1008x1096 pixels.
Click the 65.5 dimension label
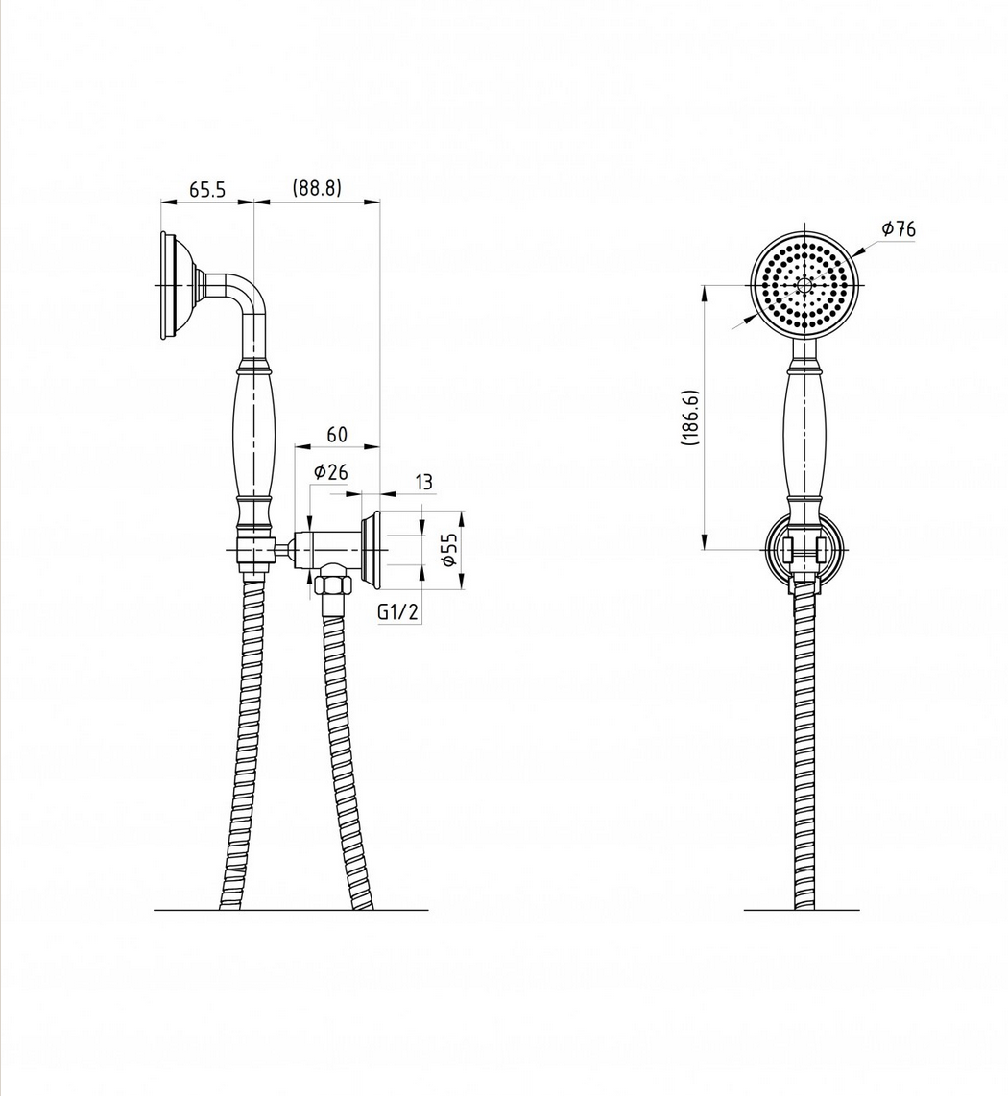coord(207,189)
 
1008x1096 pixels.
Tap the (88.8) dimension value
coord(317,188)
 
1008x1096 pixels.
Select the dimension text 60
coord(337,434)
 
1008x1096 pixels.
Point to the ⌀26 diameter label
coord(330,472)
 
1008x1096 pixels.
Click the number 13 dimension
coord(423,482)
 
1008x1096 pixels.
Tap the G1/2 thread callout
coord(397,612)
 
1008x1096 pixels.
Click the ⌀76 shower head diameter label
coord(899,228)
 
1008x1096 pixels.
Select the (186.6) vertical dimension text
coord(689,417)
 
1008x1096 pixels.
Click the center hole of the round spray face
coord(804,284)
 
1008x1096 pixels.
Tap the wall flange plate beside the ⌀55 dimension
coord(370,549)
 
